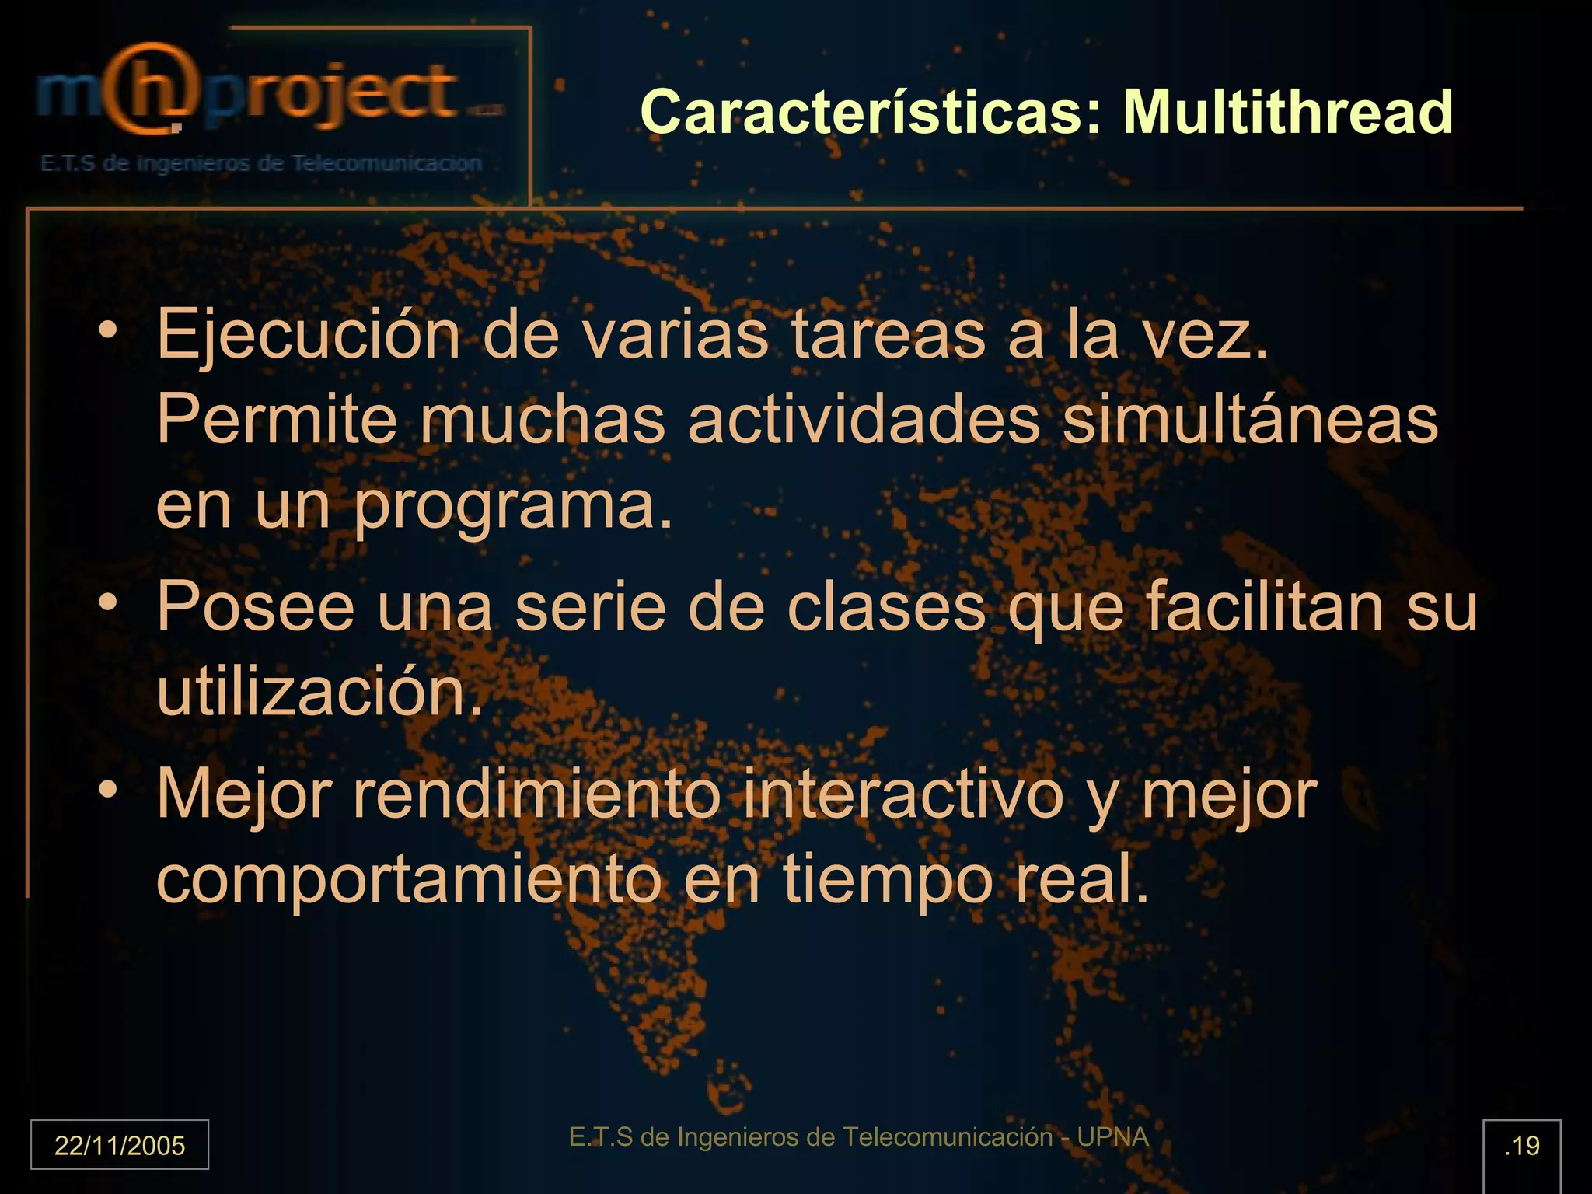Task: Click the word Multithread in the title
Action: coord(1287,113)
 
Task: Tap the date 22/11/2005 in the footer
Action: coord(120,1145)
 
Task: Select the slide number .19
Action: coord(1521,1146)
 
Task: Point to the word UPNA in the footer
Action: coord(1112,1137)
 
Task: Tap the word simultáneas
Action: coord(1250,421)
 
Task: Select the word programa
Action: coord(513,507)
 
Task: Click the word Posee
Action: coord(256,606)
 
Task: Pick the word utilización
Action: coord(319,692)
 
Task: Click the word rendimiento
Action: coord(536,794)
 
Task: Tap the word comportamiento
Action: coord(409,880)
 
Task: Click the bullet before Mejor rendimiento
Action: coord(108,791)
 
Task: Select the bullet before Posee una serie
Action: coord(108,602)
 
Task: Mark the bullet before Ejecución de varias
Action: coord(108,330)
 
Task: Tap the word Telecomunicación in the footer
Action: coord(948,1137)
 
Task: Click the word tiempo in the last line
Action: coord(887,880)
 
